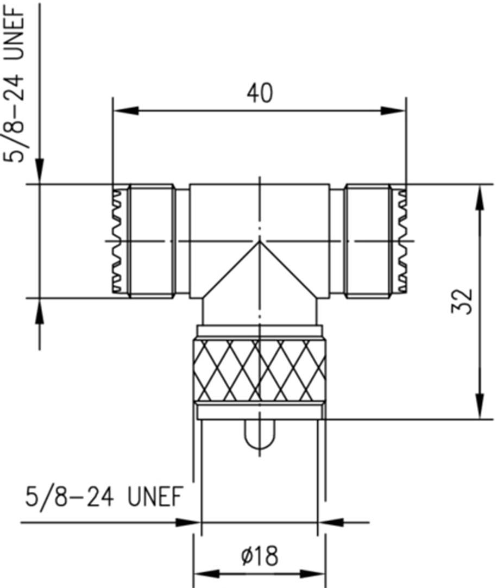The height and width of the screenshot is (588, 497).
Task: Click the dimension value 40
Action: [260, 93]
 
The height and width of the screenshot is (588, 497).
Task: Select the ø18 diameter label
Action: [260, 556]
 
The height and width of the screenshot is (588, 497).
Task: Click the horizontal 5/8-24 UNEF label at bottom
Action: [103, 497]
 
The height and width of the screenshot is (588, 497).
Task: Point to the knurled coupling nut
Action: [260, 370]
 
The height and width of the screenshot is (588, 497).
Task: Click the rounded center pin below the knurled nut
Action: [260, 435]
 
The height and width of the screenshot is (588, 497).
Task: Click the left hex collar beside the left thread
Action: [151, 240]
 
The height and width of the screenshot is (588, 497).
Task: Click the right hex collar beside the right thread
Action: [368, 240]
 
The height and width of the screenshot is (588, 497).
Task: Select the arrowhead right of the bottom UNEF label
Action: [188, 523]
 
